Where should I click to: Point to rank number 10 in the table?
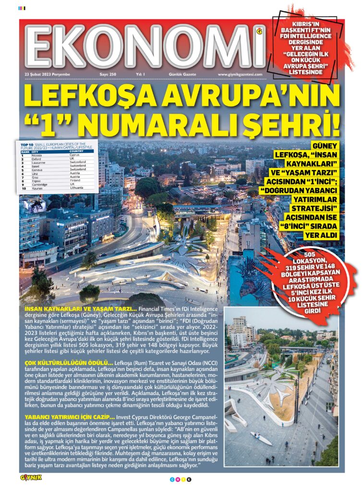coord(23,188)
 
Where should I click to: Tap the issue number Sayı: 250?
coord(108,74)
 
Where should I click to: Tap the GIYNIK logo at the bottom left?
coord(31,478)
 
